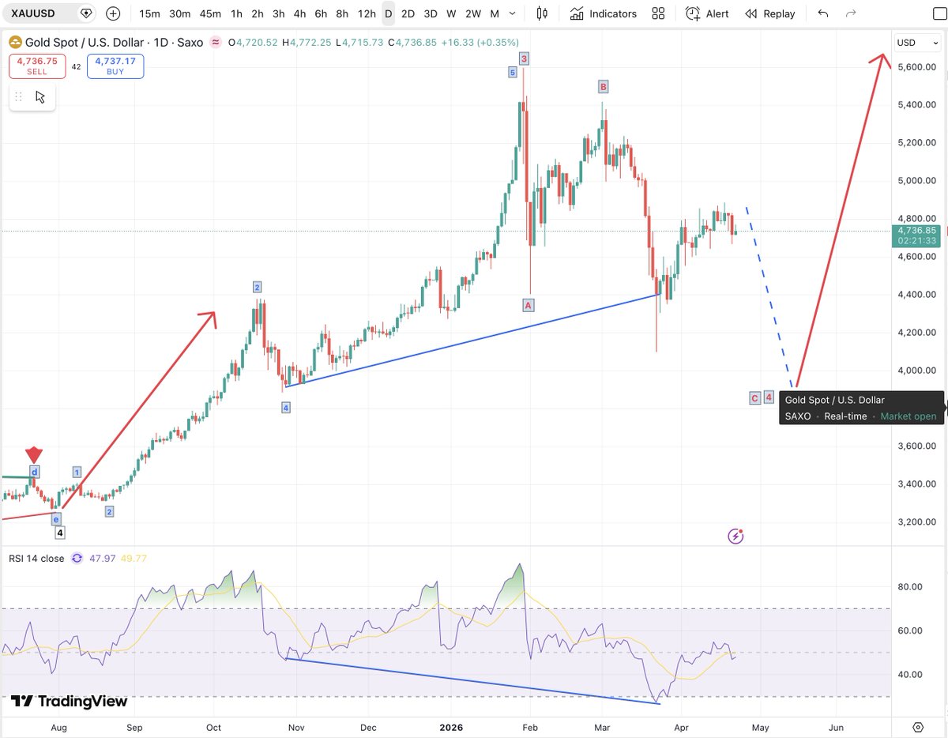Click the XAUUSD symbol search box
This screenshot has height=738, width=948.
[x=43, y=13]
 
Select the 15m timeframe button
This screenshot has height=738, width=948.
[x=149, y=13]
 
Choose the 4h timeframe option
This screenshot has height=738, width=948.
[x=299, y=13]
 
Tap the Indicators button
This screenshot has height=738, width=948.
[x=604, y=13]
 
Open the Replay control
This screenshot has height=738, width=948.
[x=770, y=13]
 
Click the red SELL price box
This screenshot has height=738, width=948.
[x=37, y=66]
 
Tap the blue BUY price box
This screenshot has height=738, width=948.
[x=115, y=66]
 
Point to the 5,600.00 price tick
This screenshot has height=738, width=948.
[x=916, y=67]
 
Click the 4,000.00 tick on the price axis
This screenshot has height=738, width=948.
[x=916, y=371]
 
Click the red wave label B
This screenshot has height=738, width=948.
[x=603, y=86]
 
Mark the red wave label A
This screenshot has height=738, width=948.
[x=529, y=305]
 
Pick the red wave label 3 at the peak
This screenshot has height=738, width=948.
[x=524, y=58]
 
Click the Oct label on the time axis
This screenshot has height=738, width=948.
[x=214, y=727]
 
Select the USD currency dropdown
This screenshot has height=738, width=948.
[x=916, y=43]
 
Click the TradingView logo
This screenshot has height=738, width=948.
[x=69, y=701]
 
